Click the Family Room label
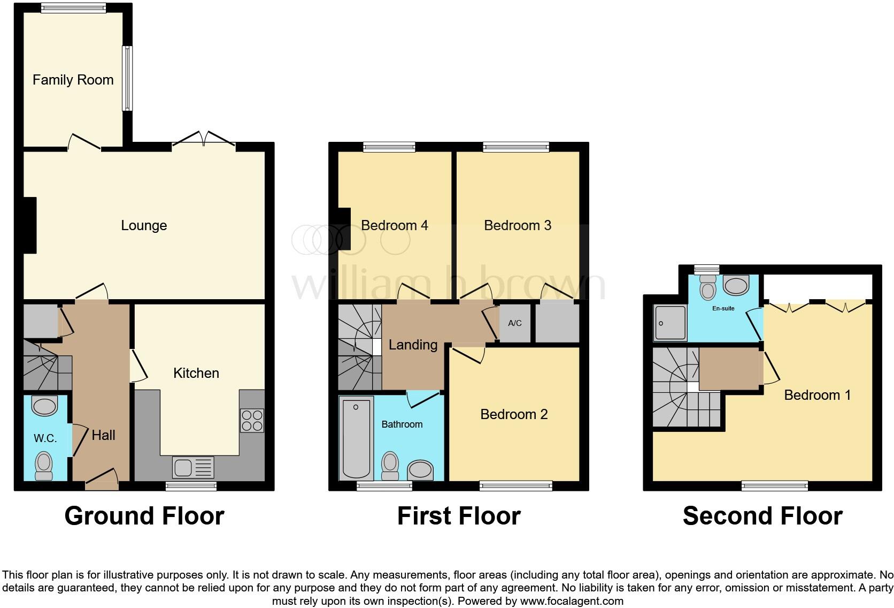(x=73, y=80)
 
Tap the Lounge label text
(x=144, y=225)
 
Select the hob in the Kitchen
(x=252, y=420)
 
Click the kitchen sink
(x=193, y=468)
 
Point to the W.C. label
(x=45, y=438)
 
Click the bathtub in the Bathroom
(x=357, y=439)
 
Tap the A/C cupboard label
(x=514, y=323)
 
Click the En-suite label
(x=723, y=308)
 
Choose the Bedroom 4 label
(x=394, y=225)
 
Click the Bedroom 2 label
(x=514, y=414)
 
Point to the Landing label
(x=413, y=345)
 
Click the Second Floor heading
(x=762, y=516)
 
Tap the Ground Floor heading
(x=144, y=516)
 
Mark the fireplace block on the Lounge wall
(x=29, y=225)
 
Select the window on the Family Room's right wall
(x=128, y=79)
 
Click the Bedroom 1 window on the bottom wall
(x=774, y=486)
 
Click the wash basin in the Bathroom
(x=420, y=470)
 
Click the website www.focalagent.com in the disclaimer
(x=571, y=601)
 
